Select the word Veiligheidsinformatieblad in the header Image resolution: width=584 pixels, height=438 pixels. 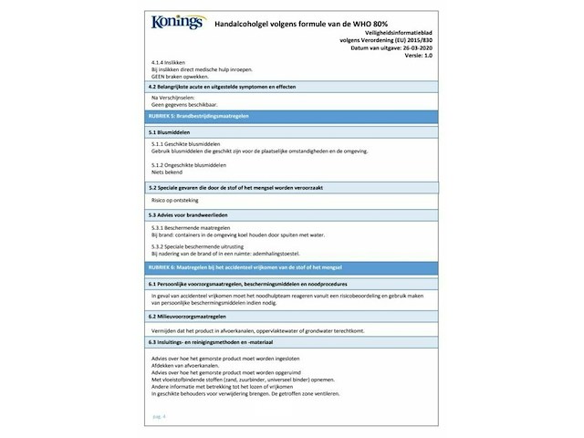(x=402, y=34)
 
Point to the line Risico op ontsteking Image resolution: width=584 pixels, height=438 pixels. (x=173, y=198)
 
